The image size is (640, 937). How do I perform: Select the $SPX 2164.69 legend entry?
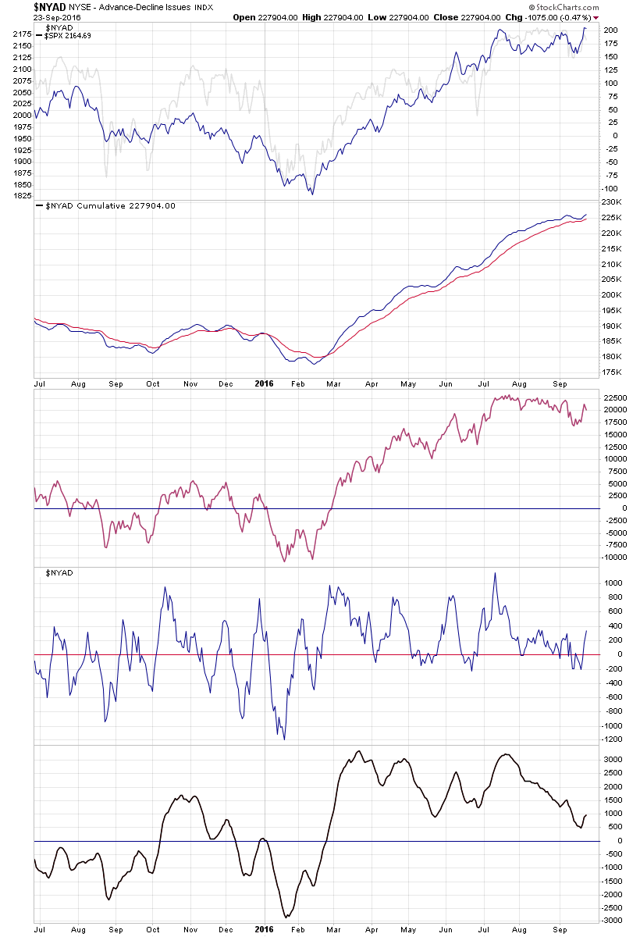[x=69, y=36]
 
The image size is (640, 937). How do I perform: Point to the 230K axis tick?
[x=613, y=202]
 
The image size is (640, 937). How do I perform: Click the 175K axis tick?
[x=613, y=372]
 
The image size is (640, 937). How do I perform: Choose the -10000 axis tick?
[x=615, y=558]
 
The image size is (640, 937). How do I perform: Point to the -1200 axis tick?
[x=613, y=739]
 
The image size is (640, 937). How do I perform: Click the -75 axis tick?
[x=609, y=162]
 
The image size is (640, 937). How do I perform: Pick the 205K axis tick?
[x=613, y=280]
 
